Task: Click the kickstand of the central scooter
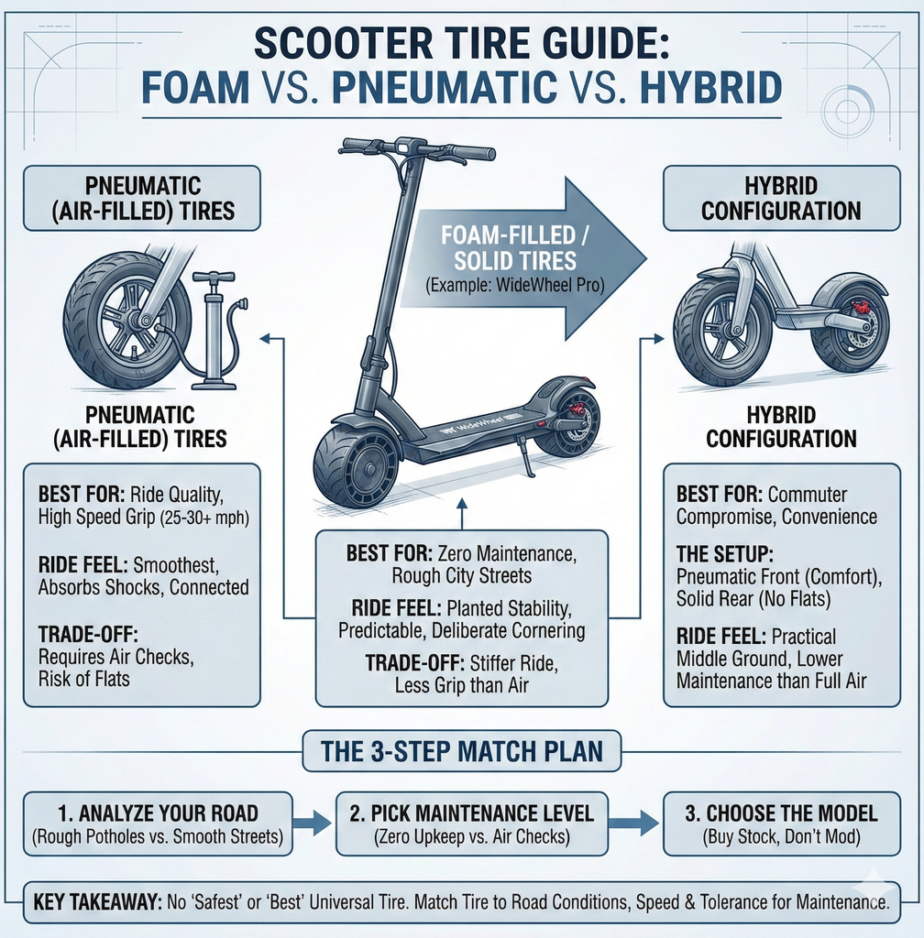527,459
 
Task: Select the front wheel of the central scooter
356,464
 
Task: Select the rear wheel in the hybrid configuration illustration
850,327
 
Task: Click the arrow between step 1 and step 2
312,823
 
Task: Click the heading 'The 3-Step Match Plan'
461,751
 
